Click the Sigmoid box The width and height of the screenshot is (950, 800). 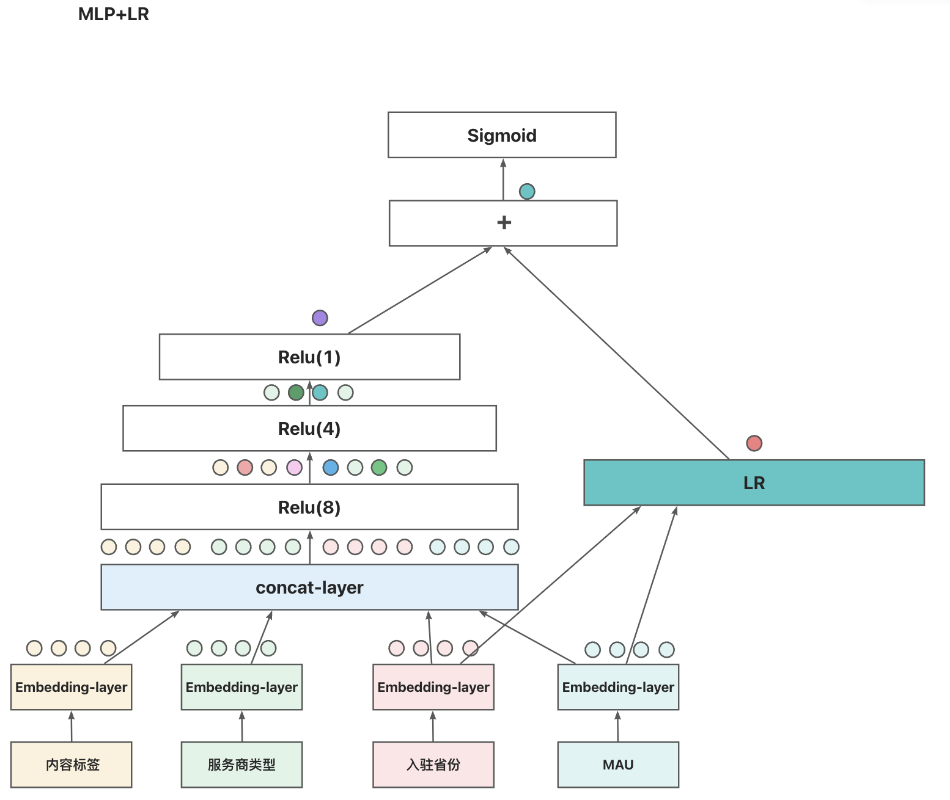tap(502, 135)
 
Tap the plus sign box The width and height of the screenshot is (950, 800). tap(503, 223)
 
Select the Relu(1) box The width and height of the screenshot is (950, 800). tap(309, 357)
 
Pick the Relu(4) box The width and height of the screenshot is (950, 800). tap(309, 428)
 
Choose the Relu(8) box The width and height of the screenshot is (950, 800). tap(309, 507)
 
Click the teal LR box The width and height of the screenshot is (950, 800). tap(754, 482)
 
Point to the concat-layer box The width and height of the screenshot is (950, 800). tap(309, 587)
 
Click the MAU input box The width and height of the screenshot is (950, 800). tap(618, 765)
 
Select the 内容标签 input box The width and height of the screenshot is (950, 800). tap(72, 765)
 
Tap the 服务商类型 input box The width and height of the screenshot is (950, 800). tap(241, 765)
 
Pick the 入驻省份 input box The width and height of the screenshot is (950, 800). tap(433, 765)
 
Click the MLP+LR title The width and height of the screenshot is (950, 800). tap(113, 14)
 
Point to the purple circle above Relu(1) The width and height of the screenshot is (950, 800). tap(320, 318)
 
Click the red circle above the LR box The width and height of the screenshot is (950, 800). tap(754, 443)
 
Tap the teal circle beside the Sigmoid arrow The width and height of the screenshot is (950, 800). tap(527, 191)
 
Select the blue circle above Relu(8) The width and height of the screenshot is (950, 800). tap(330, 467)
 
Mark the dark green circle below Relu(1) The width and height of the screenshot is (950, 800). tap(296, 392)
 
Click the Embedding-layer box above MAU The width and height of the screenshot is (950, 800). tap(618, 687)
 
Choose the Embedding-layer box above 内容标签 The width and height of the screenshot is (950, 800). tap(72, 687)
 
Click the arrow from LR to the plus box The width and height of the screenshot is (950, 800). tap(616, 353)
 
